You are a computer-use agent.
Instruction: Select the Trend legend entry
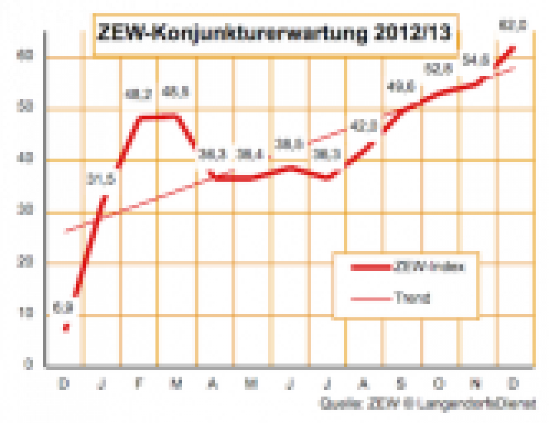pyautogui.click(x=411, y=298)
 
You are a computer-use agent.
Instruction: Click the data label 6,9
pyautogui.click(x=64, y=307)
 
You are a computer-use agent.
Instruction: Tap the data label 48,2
pyautogui.click(x=138, y=95)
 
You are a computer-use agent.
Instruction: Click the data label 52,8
pyautogui.click(x=438, y=69)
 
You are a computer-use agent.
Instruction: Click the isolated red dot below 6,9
pyautogui.click(x=65, y=327)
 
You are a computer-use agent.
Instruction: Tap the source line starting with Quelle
pyautogui.click(x=426, y=403)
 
